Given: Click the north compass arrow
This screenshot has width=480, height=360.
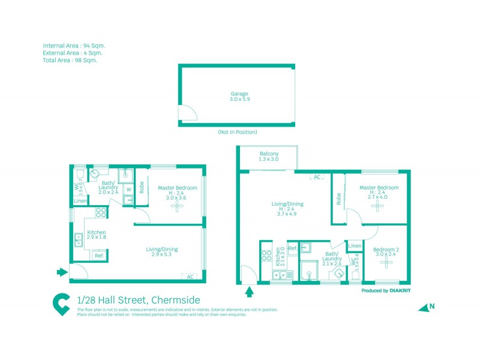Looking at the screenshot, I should [425, 307].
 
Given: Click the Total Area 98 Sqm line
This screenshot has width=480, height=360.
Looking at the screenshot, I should [70, 60].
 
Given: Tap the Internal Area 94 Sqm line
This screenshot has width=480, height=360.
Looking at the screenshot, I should [74, 46].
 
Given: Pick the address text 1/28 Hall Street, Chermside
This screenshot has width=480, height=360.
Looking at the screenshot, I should [139, 300].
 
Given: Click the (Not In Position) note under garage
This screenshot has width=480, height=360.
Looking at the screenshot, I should [237, 132].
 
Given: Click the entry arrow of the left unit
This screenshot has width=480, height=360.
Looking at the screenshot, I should [62, 272].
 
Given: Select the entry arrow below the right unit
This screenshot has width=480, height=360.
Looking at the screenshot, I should [250, 293].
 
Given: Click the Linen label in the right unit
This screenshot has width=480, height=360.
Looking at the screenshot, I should [355, 246].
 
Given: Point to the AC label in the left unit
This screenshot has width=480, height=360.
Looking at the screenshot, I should [190, 277].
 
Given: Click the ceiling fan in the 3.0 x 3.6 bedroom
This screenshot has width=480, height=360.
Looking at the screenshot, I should [177, 206].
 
